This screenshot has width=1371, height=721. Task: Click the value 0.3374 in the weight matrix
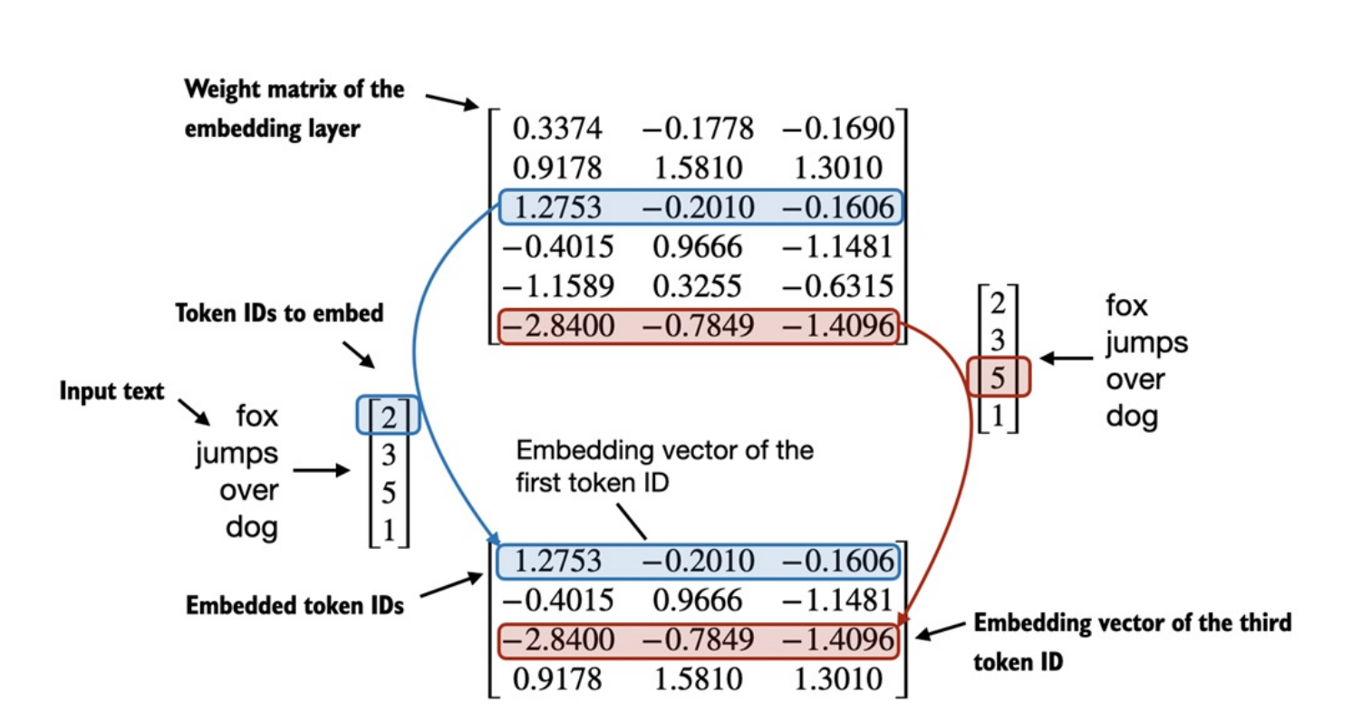tap(557, 129)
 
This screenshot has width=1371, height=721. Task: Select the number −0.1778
tap(698, 129)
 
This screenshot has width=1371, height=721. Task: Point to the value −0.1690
tap(837, 129)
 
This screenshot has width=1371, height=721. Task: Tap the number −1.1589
tap(557, 286)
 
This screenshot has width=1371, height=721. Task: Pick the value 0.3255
tap(698, 286)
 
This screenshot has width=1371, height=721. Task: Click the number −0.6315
tap(837, 286)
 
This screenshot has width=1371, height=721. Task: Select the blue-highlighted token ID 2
tap(389, 417)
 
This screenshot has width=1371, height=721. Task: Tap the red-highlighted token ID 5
tap(998, 377)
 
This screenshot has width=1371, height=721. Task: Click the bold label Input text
tap(111, 391)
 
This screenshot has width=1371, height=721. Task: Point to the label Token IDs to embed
tap(279, 313)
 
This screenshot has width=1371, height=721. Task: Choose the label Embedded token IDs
tap(294, 605)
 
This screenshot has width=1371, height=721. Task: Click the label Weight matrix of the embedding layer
tap(294, 109)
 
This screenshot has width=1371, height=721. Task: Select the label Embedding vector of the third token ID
tap(1132, 641)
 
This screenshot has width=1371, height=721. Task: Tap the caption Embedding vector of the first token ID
tap(664, 466)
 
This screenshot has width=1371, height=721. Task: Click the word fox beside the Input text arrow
tap(257, 417)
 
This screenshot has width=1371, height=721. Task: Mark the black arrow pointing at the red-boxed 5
tap(1066, 359)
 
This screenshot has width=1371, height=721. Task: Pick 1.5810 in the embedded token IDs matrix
tap(698, 679)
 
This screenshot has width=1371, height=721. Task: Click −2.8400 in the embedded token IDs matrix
tap(557, 639)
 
